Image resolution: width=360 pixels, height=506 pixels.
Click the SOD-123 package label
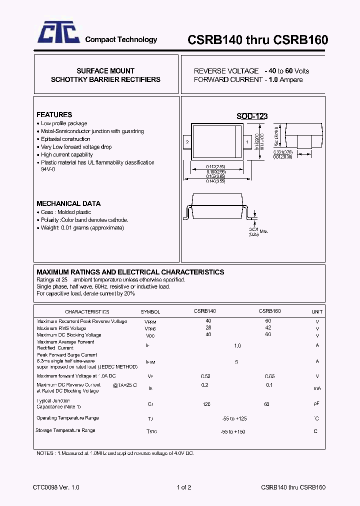252,116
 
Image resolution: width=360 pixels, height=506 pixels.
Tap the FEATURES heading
54,114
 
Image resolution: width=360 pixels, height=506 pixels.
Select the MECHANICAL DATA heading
68,203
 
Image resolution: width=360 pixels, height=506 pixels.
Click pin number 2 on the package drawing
187,142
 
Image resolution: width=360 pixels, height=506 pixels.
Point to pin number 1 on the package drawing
247,142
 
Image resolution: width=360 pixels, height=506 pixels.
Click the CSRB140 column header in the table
204,311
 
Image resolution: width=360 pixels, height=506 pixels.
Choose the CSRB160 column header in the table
269,311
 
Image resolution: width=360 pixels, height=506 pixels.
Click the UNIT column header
317,311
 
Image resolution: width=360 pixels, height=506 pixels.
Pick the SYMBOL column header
150,311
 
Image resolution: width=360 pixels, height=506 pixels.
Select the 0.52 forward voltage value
205,376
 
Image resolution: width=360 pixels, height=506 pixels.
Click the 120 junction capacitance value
206,403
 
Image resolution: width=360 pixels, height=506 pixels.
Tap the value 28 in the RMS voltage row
208,328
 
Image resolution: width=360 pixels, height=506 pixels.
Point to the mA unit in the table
317,388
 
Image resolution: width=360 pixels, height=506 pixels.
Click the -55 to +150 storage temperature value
233,431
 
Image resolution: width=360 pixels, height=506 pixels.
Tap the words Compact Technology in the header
121,39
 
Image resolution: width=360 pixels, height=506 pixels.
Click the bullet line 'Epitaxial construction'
65,139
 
